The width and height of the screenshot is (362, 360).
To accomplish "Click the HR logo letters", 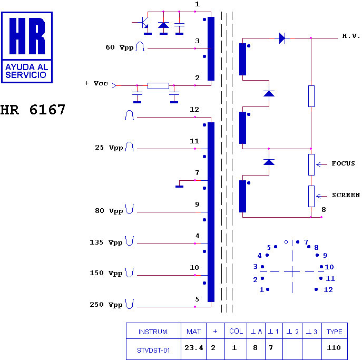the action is click(x=27, y=36).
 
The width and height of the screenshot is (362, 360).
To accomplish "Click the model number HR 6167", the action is click(x=33, y=110).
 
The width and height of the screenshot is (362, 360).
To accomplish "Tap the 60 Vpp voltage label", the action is click(x=120, y=47).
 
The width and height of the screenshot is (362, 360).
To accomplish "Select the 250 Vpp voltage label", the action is click(x=106, y=305).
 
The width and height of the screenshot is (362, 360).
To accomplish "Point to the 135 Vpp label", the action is click(x=106, y=242).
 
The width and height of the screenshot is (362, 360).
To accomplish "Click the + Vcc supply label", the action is click(x=96, y=83).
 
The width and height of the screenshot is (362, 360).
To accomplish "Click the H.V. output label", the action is click(x=351, y=36).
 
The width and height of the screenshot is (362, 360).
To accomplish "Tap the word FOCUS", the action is click(x=344, y=163).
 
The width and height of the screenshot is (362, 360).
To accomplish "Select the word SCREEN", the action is click(x=346, y=195).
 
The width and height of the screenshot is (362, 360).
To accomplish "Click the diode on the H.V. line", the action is click(x=282, y=38).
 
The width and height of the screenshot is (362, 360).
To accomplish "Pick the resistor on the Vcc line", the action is click(x=158, y=86).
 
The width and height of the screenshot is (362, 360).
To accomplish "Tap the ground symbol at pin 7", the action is click(x=179, y=187).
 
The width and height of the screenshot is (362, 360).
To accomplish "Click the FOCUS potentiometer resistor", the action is click(x=311, y=164).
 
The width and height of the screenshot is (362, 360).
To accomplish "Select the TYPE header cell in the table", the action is click(x=335, y=332).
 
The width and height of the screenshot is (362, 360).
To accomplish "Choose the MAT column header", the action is click(x=194, y=332).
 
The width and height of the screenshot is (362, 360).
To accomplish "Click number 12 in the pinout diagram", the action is click(x=328, y=289).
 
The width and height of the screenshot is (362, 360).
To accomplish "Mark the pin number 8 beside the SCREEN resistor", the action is click(x=324, y=210).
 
